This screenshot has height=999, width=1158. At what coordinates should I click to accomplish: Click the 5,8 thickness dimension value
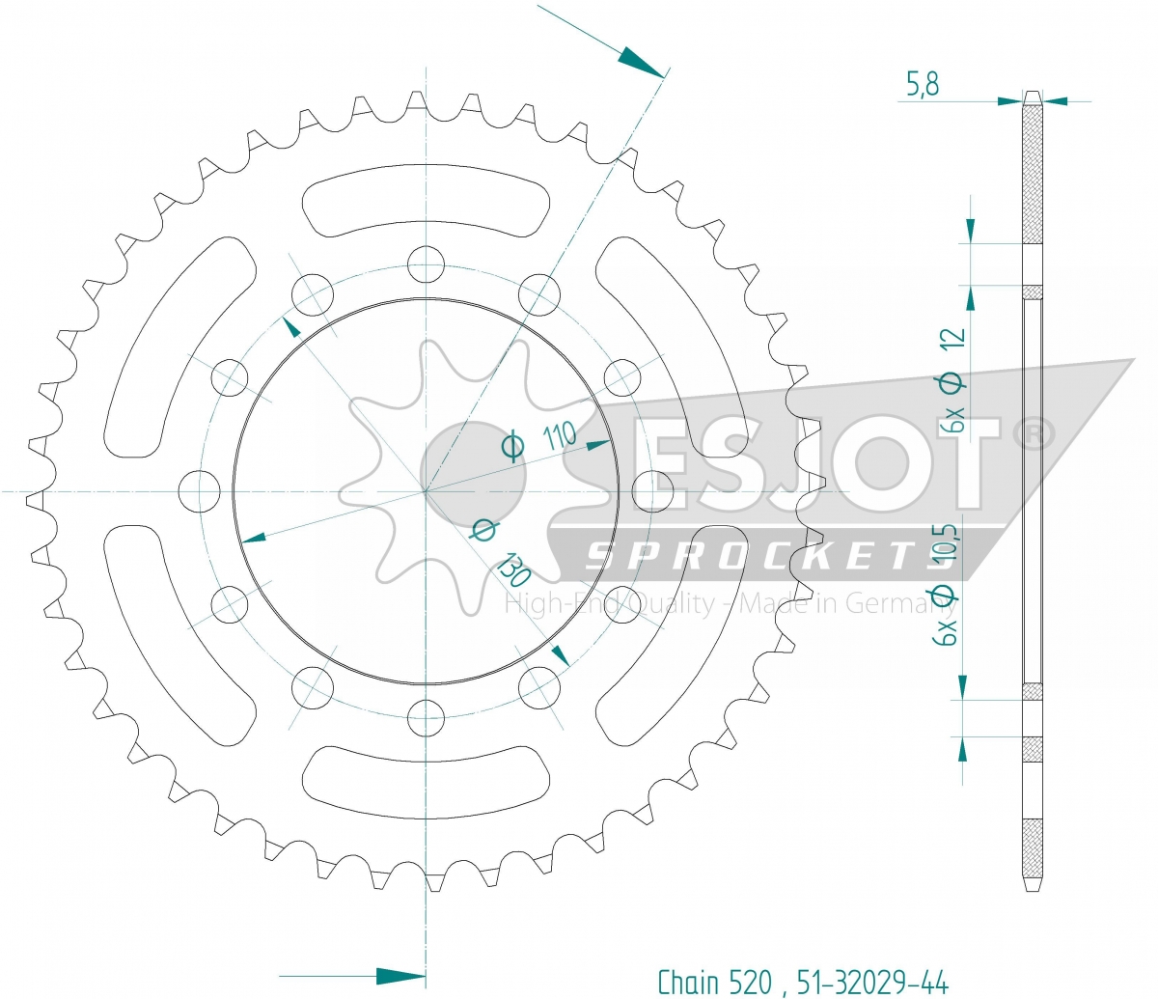coord(923,84)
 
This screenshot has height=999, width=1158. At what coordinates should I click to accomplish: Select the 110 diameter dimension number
coord(559,436)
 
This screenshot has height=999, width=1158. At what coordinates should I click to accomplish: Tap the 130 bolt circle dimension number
coord(515,569)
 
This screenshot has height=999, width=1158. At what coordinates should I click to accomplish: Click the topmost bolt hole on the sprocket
coord(426,264)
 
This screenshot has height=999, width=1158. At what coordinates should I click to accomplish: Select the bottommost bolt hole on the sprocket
coord(426,718)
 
